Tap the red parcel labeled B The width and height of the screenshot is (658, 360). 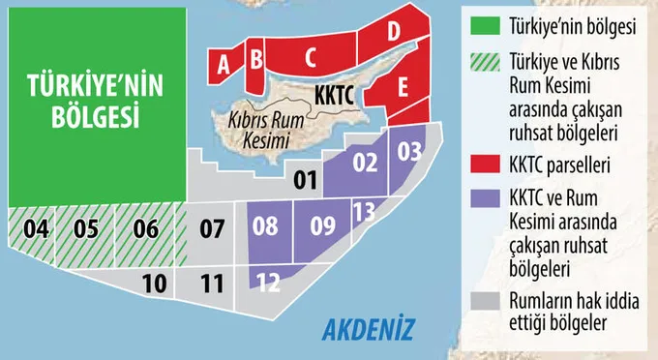pyautogui.click(x=255, y=59)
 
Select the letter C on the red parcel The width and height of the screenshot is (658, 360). pyautogui.click(x=310, y=57)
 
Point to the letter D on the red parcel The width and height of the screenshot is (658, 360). pyautogui.click(x=393, y=32)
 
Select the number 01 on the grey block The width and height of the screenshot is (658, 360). pyautogui.click(x=305, y=179)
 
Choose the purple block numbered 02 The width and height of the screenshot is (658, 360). pyautogui.click(x=364, y=164)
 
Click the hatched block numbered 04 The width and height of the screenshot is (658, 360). pyautogui.click(x=36, y=230)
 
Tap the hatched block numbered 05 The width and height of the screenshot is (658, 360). pyautogui.click(x=86, y=230)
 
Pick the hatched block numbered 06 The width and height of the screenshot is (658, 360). pyautogui.click(x=145, y=230)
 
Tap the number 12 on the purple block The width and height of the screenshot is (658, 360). pyautogui.click(x=270, y=283)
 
